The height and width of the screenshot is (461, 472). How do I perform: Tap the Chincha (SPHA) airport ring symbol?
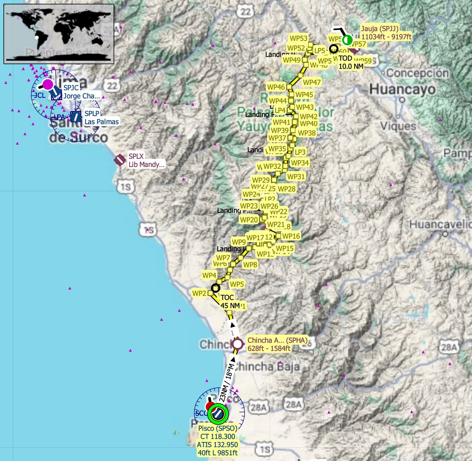coord(238,344)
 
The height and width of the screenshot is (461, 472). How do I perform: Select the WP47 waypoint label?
coord(312,82)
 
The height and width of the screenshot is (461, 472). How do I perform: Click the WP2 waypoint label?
coord(199,293)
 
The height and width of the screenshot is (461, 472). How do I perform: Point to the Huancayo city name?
coord(402,89)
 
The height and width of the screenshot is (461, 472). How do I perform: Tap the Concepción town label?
coord(418,73)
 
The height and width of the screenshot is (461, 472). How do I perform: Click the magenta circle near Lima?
coord(48,84)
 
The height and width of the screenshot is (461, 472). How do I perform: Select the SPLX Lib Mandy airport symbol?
coord(120,160)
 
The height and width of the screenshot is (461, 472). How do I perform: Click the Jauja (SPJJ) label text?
coord(379,29)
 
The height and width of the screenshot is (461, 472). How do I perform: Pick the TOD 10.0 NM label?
coord(351,62)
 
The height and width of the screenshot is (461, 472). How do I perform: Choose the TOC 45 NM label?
coord(230,302)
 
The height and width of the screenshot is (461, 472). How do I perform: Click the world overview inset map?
coord(59,34)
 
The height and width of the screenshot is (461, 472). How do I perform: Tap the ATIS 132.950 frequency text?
coord(217,445)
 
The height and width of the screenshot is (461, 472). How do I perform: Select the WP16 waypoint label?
coord(291,236)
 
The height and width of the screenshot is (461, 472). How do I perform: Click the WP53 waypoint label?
coord(298,38)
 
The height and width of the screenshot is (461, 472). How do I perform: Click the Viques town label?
coord(398,126)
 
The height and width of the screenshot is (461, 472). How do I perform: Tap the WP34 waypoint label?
coord(300,163)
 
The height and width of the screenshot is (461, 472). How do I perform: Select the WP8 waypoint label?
coord(250,265)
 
